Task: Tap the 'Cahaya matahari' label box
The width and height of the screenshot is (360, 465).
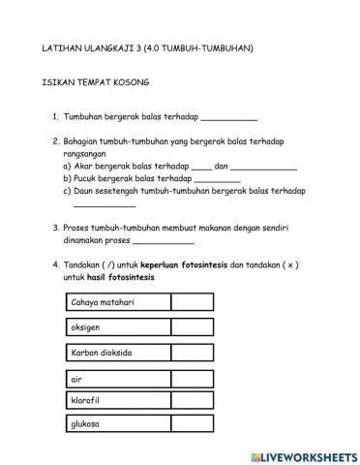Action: tap(118, 302)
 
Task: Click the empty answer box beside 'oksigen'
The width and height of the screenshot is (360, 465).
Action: tap(198, 327)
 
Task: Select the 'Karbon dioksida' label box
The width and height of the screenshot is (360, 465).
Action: tap(118, 352)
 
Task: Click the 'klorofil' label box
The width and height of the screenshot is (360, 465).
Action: tap(118, 400)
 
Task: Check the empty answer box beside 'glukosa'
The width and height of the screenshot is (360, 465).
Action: tap(198, 424)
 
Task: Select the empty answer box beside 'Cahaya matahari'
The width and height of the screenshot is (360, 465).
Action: tap(198, 302)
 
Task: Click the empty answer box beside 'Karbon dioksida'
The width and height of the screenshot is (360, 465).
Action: tap(198, 352)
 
